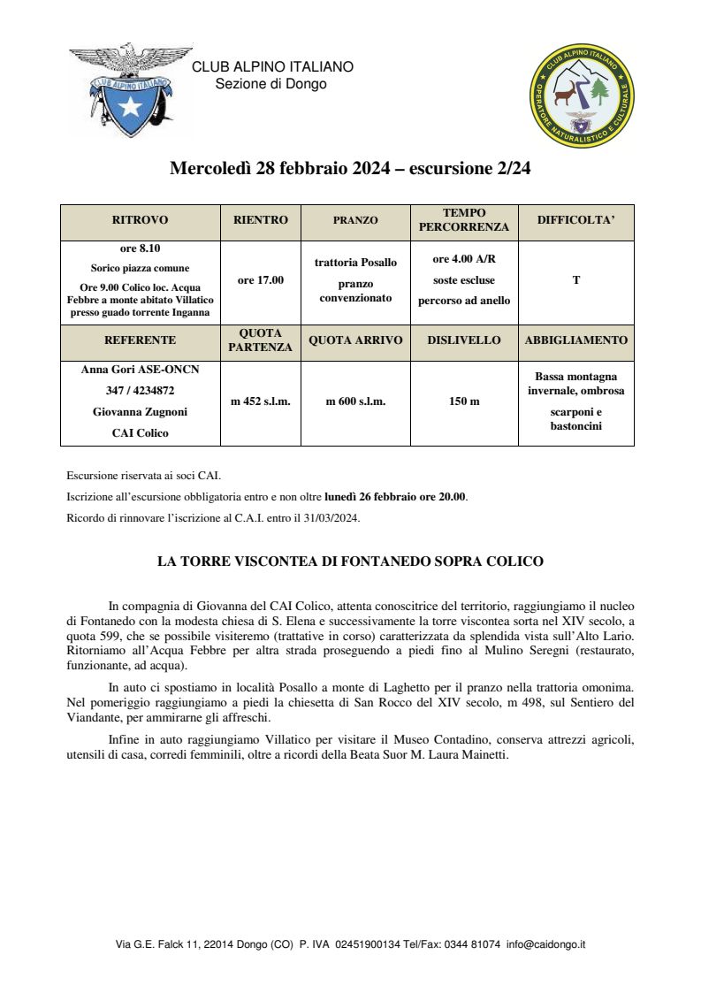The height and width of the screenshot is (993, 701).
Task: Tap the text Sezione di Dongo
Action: point(270,84)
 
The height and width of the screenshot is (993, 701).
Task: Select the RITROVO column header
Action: point(140,220)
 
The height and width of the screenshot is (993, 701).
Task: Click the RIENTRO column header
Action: point(261,220)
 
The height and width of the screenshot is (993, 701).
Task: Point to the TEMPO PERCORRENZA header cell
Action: point(464,220)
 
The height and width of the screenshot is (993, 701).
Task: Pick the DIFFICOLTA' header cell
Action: point(575,220)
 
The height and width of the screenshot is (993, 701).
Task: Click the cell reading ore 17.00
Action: point(261,280)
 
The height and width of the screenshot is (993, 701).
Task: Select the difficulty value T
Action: point(576,280)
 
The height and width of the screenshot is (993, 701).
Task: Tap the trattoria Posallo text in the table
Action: point(355,263)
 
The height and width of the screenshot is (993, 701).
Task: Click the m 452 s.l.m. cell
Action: point(261,401)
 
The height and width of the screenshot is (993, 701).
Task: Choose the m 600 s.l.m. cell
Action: point(355,401)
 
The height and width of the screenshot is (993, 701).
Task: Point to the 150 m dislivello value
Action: point(464,401)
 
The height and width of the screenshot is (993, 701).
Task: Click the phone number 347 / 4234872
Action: point(140,390)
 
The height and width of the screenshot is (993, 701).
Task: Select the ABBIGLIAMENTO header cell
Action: point(576,340)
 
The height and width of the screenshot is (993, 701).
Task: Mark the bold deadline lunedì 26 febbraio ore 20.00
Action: point(395,496)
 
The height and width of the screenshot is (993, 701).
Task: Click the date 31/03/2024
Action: point(333,517)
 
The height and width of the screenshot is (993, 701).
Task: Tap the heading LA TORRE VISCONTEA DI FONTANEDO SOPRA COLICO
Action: point(350,561)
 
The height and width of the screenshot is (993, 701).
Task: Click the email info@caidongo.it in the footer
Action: point(546,944)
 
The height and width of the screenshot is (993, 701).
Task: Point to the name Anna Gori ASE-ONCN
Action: point(140,370)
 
